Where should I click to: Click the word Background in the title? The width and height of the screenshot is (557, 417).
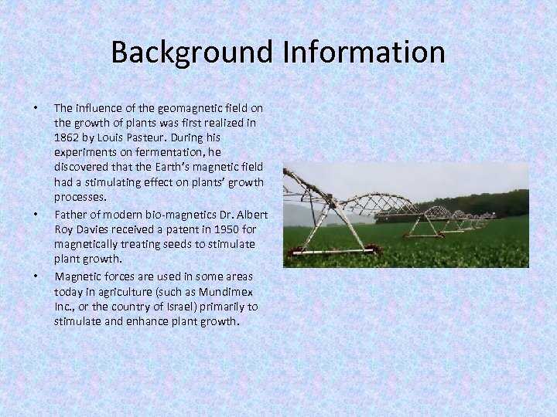coord(190,53)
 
